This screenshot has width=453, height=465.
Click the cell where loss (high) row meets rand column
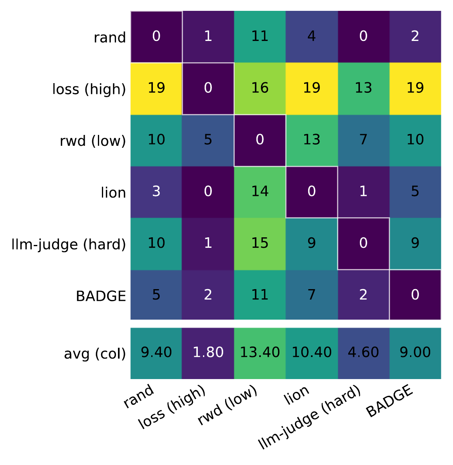[156, 88]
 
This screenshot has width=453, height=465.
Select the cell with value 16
[260, 88]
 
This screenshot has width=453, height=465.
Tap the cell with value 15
[260, 243]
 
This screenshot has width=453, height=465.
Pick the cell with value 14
[260, 192]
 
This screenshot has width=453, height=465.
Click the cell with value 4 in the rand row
[311, 37]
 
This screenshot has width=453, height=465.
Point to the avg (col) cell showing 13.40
[260, 353]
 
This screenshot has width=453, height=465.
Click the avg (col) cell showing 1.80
[208, 353]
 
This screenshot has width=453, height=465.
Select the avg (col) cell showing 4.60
[363, 353]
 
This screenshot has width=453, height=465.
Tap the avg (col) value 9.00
[415, 353]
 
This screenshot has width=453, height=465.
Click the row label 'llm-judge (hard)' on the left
[69, 244]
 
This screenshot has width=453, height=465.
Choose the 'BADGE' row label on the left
[101, 296]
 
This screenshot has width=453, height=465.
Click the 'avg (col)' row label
[95, 354]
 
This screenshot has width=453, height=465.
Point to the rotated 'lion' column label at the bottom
[297, 395]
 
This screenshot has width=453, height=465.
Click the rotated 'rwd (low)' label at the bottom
[228, 405]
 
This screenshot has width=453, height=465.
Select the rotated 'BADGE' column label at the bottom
[389, 401]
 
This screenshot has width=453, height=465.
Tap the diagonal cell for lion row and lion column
[311, 192]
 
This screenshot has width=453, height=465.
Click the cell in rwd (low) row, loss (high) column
[208, 140]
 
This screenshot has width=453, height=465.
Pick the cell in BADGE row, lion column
[311, 295]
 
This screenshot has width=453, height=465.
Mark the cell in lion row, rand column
[156, 192]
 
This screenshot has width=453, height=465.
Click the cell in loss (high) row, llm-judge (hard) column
[363, 88]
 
